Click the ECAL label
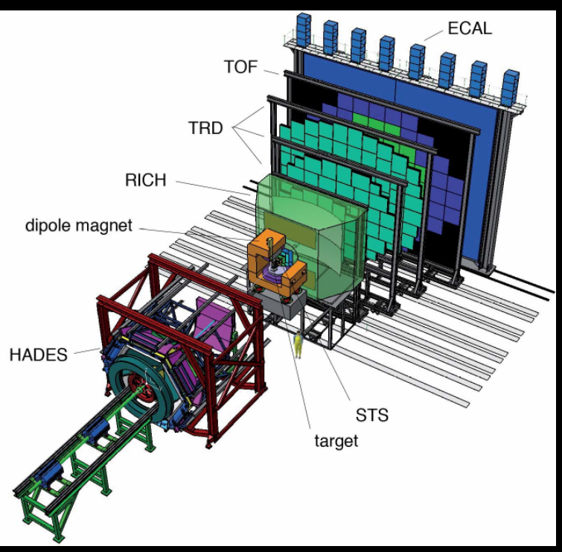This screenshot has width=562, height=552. (x=470, y=28)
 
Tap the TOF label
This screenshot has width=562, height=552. (x=241, y=67)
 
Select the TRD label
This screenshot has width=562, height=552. (x=205, y=128)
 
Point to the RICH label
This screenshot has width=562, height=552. (x=146, y=180)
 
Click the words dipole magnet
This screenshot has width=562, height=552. (x=79, y=226)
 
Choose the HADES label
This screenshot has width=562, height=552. (x=39, y=355)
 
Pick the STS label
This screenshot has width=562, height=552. (x=372, y=416)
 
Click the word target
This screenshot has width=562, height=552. (x=336, y=441)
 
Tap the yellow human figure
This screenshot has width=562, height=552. (x=298, y=344)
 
